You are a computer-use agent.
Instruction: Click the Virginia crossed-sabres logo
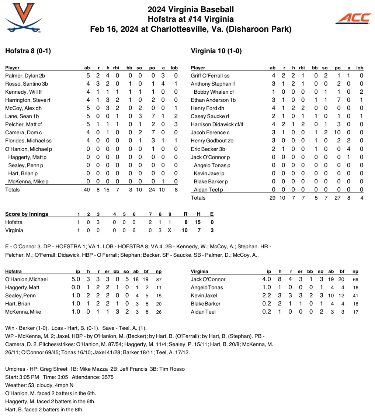coord(22,17)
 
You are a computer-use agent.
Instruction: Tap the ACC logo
coord(353,18)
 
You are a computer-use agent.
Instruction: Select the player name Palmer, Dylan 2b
coord(25,76)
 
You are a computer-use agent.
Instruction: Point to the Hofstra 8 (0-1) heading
coord(28,51)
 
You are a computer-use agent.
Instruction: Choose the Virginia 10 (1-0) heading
coord(216,51)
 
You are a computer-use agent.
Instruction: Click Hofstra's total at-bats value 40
coord(87,190)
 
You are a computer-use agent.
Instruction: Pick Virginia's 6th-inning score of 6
coord(134,230)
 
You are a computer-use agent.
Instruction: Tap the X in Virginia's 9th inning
coord(169,230)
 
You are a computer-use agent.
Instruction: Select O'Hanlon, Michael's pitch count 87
coord(159,279)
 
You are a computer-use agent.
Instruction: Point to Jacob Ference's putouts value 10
coord(337,132)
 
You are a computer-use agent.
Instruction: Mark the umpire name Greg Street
coord(55,369)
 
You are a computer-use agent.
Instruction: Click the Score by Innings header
coord(27,214)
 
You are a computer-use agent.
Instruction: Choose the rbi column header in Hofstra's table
coord(116,68)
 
